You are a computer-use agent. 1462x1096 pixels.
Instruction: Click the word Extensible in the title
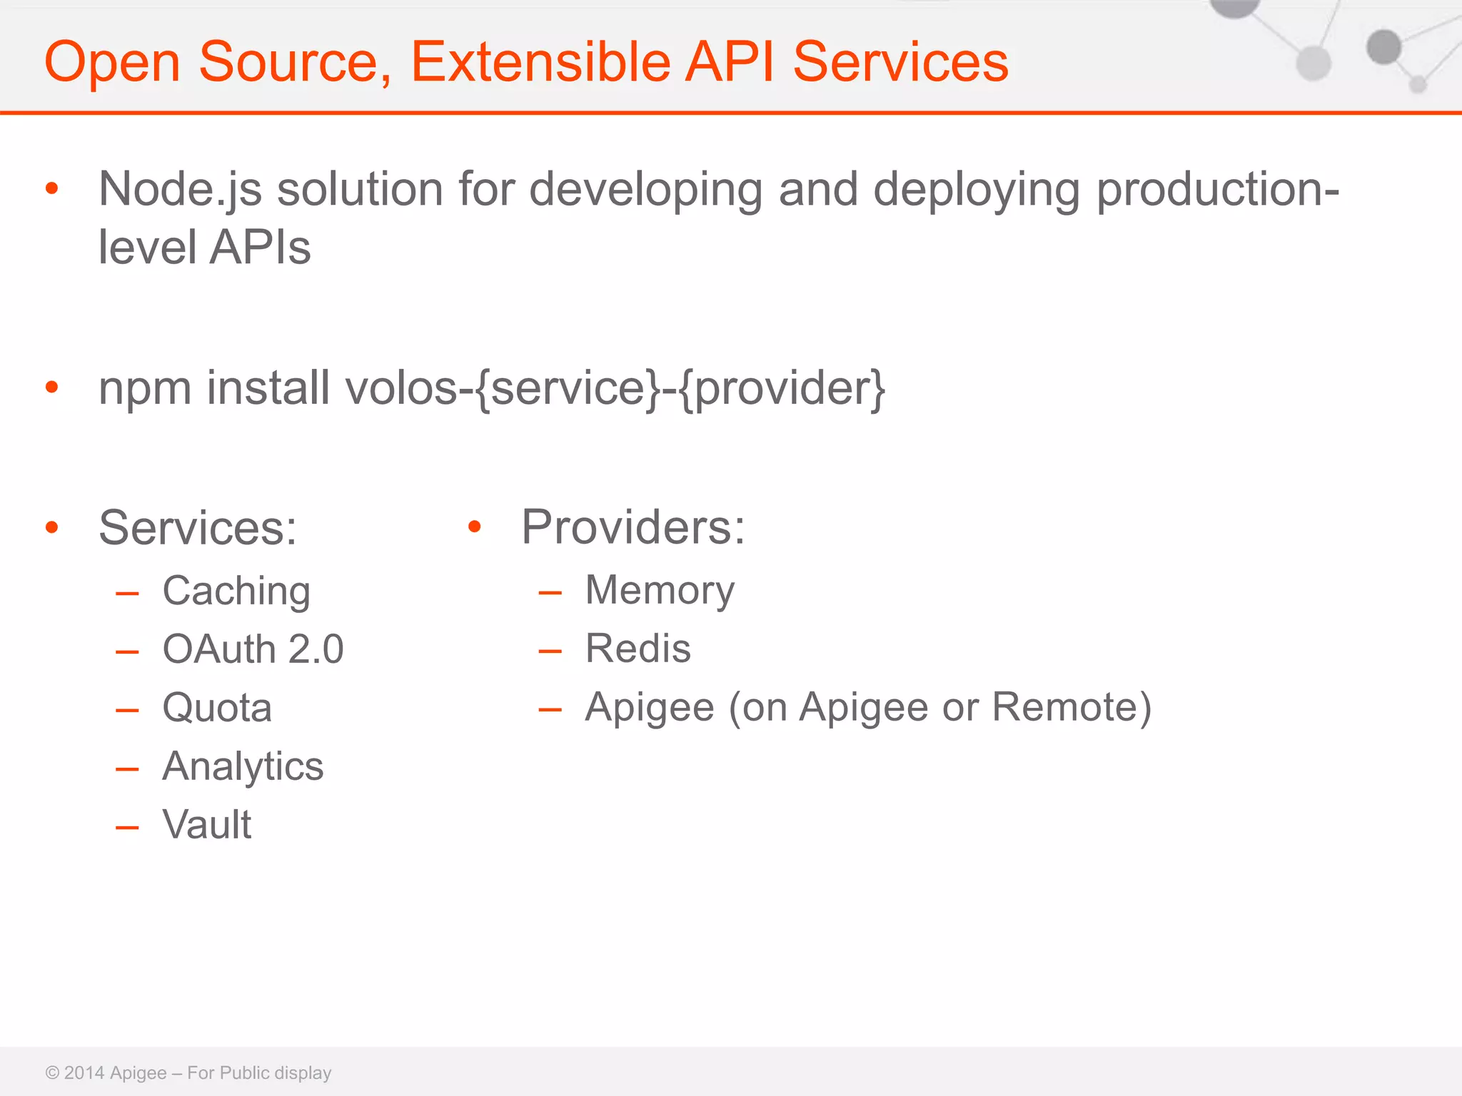click(x=540, y=62)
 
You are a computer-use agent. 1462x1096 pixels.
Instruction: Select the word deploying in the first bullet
click(x=976, y=190)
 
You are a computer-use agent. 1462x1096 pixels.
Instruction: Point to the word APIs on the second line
click(x=261, y=248)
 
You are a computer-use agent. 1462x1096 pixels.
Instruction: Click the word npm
click(x=145, y=389)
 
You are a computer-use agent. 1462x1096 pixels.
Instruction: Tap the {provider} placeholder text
click(x=782, y=389)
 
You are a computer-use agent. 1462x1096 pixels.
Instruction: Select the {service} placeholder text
click(x=568, y=389)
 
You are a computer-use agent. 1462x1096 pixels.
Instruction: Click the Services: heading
click(x=198, y=528)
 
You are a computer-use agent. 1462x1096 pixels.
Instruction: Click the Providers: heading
click(x=633, y=527)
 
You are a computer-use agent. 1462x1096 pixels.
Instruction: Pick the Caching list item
click(x=236, y=591)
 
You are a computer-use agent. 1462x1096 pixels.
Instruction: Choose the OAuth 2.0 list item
click(x=253, y=649)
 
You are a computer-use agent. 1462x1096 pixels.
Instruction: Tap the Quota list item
click(x=217, y=708)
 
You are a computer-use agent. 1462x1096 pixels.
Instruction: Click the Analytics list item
click(x=243, y=766)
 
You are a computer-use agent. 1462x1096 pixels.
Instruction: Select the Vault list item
click(x=207, y=825)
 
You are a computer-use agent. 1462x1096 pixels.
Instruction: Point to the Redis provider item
click(x=638, y=649)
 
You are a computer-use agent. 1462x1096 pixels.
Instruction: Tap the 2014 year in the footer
click(x=84, y=1073)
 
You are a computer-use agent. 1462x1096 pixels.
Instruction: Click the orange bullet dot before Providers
click(x=475, y=527)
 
